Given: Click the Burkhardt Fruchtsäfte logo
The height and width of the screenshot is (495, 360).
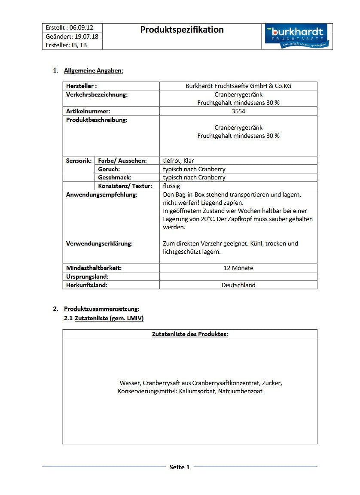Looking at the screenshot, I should click(297, 36).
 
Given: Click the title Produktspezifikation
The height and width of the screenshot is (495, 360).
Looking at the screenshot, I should click(182, 30).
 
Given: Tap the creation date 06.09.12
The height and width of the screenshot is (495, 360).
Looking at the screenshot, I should click(82, 27).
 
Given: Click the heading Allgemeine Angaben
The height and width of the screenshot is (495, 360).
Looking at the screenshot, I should click(93, 70).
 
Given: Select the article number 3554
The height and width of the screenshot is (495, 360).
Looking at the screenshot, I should click(238, 111).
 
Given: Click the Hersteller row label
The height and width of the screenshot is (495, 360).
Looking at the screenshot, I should click(81, 86).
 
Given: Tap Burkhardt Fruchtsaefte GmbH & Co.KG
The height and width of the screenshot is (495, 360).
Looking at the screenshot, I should click(238, 86).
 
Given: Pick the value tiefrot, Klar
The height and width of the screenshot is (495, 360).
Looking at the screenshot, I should click(178, 161).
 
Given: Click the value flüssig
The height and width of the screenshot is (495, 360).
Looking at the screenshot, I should click(171, 186).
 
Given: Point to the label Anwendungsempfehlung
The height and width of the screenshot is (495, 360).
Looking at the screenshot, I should click(101, 194).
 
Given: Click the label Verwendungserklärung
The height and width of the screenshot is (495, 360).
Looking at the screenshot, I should click(99, 243).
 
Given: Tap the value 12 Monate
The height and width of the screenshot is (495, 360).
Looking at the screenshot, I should click(238, 268).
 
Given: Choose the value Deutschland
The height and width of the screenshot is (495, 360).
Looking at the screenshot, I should click(238, 285).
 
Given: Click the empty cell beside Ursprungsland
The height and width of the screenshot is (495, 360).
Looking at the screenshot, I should click(238, 276).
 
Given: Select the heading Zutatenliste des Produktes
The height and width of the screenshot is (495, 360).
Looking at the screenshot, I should click(190, 334).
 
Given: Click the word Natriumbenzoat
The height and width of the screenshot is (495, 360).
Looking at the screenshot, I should click(240, 391).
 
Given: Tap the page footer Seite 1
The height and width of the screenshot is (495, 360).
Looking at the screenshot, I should click(179, 467).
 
